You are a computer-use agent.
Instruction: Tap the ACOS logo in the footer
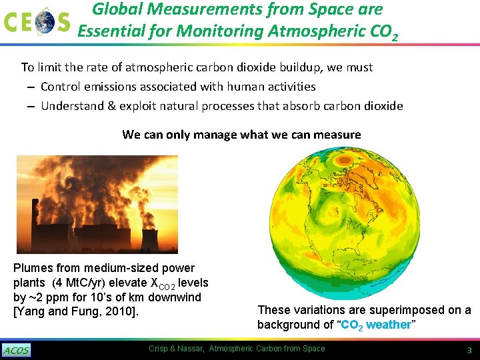(16, 350)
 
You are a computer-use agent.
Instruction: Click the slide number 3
(469, 350)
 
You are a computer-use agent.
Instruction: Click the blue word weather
(389, 325)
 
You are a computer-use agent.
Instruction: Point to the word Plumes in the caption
(31, 268)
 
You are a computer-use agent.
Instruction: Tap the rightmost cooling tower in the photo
(150, 238)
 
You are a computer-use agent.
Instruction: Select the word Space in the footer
(313, 349)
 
